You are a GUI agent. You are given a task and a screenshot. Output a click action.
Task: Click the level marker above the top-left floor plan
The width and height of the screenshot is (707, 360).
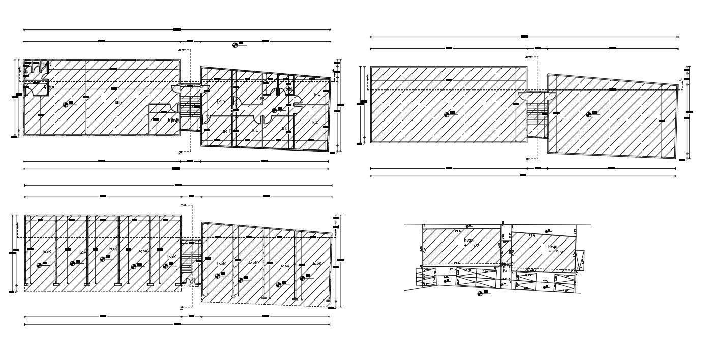tap(235, 45)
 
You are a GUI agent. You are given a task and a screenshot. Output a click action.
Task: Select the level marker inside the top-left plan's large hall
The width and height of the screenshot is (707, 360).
tap(66, 105)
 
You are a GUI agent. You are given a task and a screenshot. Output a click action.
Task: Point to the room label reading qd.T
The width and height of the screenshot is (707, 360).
tap(226, 131)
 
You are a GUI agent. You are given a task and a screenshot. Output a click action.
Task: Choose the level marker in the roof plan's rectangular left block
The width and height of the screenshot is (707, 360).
tap(447, 115)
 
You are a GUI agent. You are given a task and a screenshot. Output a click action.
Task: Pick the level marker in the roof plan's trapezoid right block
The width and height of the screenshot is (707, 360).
tap(589, 115)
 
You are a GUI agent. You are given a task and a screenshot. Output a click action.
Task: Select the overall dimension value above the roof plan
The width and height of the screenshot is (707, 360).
tap(524, 37)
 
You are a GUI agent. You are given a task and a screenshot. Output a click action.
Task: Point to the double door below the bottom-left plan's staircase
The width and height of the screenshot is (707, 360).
tap(189, 282)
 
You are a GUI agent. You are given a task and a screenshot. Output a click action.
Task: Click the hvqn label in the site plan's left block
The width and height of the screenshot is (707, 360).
tap(468, 240)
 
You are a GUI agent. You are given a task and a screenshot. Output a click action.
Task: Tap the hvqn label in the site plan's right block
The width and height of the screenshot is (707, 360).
tap(553, 246)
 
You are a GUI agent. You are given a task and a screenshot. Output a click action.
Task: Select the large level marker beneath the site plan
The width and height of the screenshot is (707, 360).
tap(480, 293)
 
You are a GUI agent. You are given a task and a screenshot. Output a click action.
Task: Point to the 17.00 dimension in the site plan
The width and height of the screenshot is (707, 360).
tap(530, 269)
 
